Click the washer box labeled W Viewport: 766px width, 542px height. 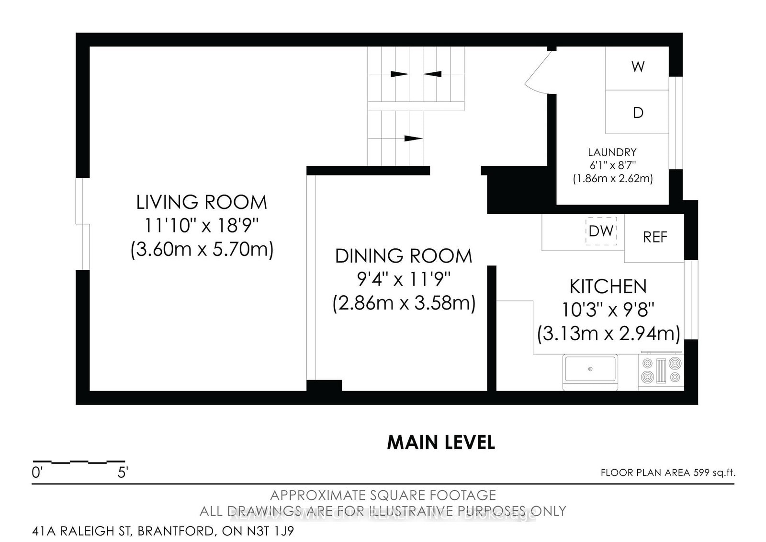pos(637,67)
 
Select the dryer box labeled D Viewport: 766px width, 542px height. pos(637,112)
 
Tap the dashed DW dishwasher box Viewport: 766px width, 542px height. pos(601,231)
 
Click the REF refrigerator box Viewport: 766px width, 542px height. pos(654,237)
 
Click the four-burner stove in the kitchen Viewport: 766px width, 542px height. pos(661,370)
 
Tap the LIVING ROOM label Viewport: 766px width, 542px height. pos(202,202)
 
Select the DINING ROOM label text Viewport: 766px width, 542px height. pos(403,256)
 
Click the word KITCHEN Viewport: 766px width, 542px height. pos(608,287)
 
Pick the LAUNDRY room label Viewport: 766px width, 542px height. pos(612,152)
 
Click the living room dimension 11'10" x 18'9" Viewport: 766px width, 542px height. pos(202,225)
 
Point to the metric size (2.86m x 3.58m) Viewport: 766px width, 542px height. pos(404,304)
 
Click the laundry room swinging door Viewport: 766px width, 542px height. pos(539,72)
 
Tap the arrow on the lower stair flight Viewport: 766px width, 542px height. pos(413,138)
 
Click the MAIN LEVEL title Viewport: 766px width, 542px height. pos(440,443)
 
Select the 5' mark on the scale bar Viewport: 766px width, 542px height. pos(123,473)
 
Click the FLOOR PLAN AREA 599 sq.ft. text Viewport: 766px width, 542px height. pos(667,473)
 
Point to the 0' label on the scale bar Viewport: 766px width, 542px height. pos(37,473)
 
